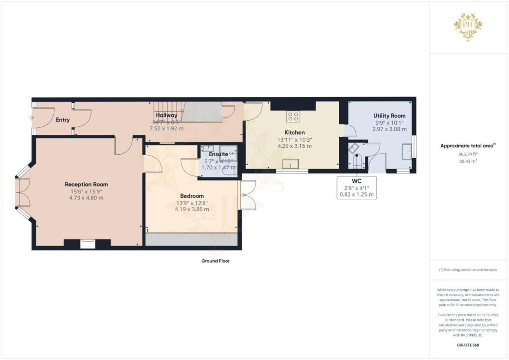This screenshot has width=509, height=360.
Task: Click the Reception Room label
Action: click(86, 184)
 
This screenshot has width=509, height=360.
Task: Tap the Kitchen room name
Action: click(294, 132)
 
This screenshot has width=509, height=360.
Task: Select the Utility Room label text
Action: click(389, 116)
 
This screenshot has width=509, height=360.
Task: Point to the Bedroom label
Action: click(192, 196)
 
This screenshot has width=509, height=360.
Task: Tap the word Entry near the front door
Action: click(63, 120)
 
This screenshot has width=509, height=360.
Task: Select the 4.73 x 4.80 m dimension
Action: click(86, 197)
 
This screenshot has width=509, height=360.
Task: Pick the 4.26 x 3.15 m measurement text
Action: click(294, 146)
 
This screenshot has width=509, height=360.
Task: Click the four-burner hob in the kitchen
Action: click(293, 117)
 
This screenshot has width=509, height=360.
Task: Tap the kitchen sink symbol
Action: click(289, 164)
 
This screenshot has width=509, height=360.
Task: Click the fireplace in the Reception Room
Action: click(87, 243)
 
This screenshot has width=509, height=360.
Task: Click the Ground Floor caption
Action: click(215, 261)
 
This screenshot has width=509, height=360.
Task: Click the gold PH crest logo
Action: click(468, 26)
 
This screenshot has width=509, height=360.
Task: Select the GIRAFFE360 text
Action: click(468, 345)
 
